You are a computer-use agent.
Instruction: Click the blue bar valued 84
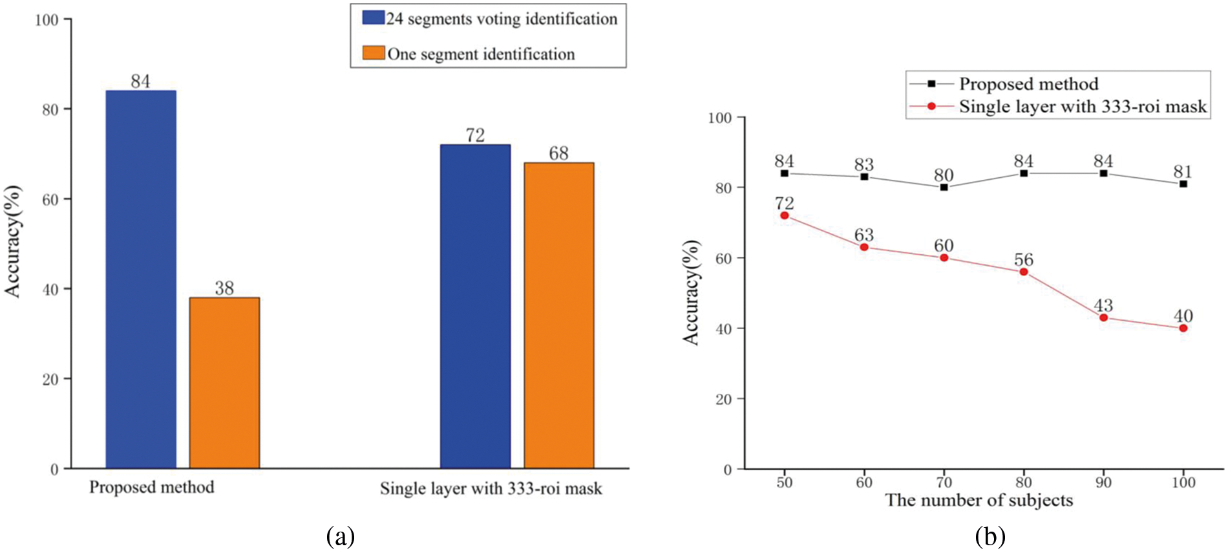tap(141, 279)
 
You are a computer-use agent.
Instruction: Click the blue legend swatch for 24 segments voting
tap(373, 17)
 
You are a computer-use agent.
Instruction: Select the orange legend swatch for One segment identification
tap(373, 52)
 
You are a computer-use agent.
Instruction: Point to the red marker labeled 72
tap(785, 215)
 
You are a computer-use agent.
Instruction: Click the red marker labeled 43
tap(1103, 318)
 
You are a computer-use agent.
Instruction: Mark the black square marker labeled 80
tap(944, 188)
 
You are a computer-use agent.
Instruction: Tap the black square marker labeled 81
tap(1183, 184)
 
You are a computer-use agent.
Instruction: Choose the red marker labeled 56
tap(1024, 272)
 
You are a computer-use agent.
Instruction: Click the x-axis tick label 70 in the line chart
tap(944, 483)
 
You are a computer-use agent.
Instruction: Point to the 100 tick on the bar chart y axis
tap(47, 20)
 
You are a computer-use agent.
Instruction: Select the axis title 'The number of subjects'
tap(979, 500)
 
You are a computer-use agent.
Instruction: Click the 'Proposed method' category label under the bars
tap(152, 487)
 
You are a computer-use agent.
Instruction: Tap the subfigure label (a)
tap(341, 536)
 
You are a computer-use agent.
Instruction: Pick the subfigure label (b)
tap(990, 536)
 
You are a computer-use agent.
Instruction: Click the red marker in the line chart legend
tap(931, 106)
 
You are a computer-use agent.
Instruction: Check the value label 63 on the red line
tap(864, 235)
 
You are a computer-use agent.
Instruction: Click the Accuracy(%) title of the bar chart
tap(13, 241)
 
